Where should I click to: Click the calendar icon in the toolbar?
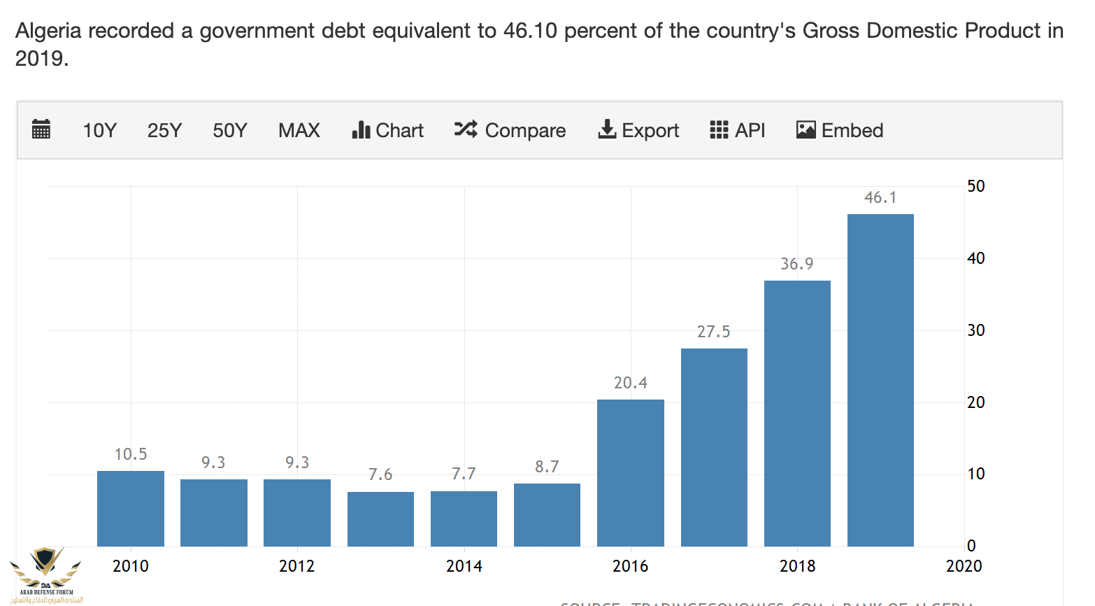click(x=41, y=129)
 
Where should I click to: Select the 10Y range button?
click(x=99, y=131)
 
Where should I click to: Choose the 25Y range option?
click(x=164, y=131)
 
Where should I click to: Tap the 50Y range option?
click(x=230, y=131)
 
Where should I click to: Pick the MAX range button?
click(x=299, y=131)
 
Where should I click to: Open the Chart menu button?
click(x=388, y=131)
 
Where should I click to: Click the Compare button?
click(x=510, y=131)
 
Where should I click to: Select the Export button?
click(x=638, y=131)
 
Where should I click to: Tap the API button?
click(x=738, y=131)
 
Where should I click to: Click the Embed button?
click(x=840, y=131)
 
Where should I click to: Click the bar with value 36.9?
click(x=797, y=413)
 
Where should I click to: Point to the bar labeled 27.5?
click(x=714, y=447)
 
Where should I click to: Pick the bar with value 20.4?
click(x=631, y=472)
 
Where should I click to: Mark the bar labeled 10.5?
click(x=131, y=508)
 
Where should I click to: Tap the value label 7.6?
click(x=380, y=474)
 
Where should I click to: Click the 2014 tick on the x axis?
click(x=464, y=566)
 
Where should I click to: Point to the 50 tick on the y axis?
click(x=976, y=186)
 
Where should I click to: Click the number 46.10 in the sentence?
click(x=530, y=31)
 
